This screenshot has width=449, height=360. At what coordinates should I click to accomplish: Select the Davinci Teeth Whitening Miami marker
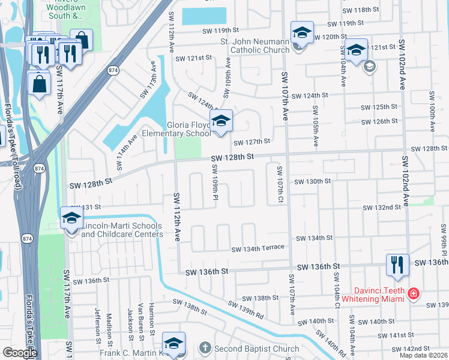click(x=413, y=293)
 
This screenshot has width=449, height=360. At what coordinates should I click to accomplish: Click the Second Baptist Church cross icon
click(x=205, y=349)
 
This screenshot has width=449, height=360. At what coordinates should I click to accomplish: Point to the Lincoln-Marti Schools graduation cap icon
click(x=71, y=220)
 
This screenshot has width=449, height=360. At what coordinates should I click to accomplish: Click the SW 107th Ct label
click(x=279, y=184)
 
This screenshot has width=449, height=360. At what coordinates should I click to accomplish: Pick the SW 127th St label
click(x=253, y=143)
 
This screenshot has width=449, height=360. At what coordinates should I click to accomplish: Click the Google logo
click(x=20, y=353)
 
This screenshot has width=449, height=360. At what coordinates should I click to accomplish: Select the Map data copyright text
click(x=423, y=355)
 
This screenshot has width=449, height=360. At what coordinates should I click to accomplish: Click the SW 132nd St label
click(x=381, y=208)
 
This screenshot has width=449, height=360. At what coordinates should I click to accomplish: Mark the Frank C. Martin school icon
click(x=173, y=345)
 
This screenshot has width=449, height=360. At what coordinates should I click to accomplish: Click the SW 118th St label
click(x=361, y=11)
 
